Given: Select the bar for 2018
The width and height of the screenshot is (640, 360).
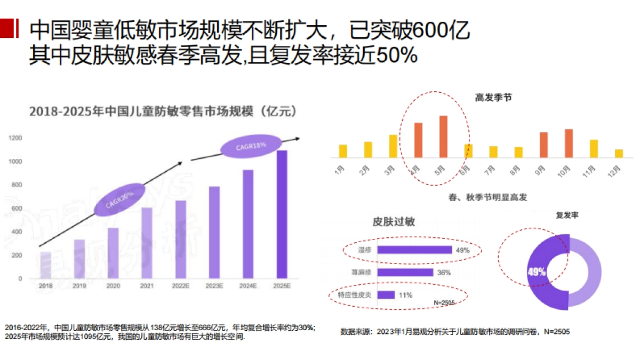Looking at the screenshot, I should [x=46, y=265].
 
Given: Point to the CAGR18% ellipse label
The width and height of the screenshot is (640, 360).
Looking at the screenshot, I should [x=251, y=146].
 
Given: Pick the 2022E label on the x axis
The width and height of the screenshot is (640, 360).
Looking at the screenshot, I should [x=181, y=286].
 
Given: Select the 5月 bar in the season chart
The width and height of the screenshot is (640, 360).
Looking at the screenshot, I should [x=443, y=137].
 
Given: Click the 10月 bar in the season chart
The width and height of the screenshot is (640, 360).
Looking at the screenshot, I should [x=569, y=143].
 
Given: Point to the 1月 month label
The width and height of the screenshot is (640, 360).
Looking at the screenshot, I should [x=340, y=172].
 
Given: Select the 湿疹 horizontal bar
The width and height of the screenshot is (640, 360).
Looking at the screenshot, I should [x=414, y=250].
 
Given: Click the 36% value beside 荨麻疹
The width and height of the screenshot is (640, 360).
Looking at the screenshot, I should [x=444, y=273].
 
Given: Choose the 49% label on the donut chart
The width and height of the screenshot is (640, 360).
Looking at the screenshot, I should [x=536, y=272].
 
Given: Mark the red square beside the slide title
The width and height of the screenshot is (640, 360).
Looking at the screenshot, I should [x=6, y=28].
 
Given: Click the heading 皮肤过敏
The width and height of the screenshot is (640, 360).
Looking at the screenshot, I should [x=394, y=222].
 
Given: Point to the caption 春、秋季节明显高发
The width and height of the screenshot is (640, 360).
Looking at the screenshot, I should [x=488, y=197].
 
